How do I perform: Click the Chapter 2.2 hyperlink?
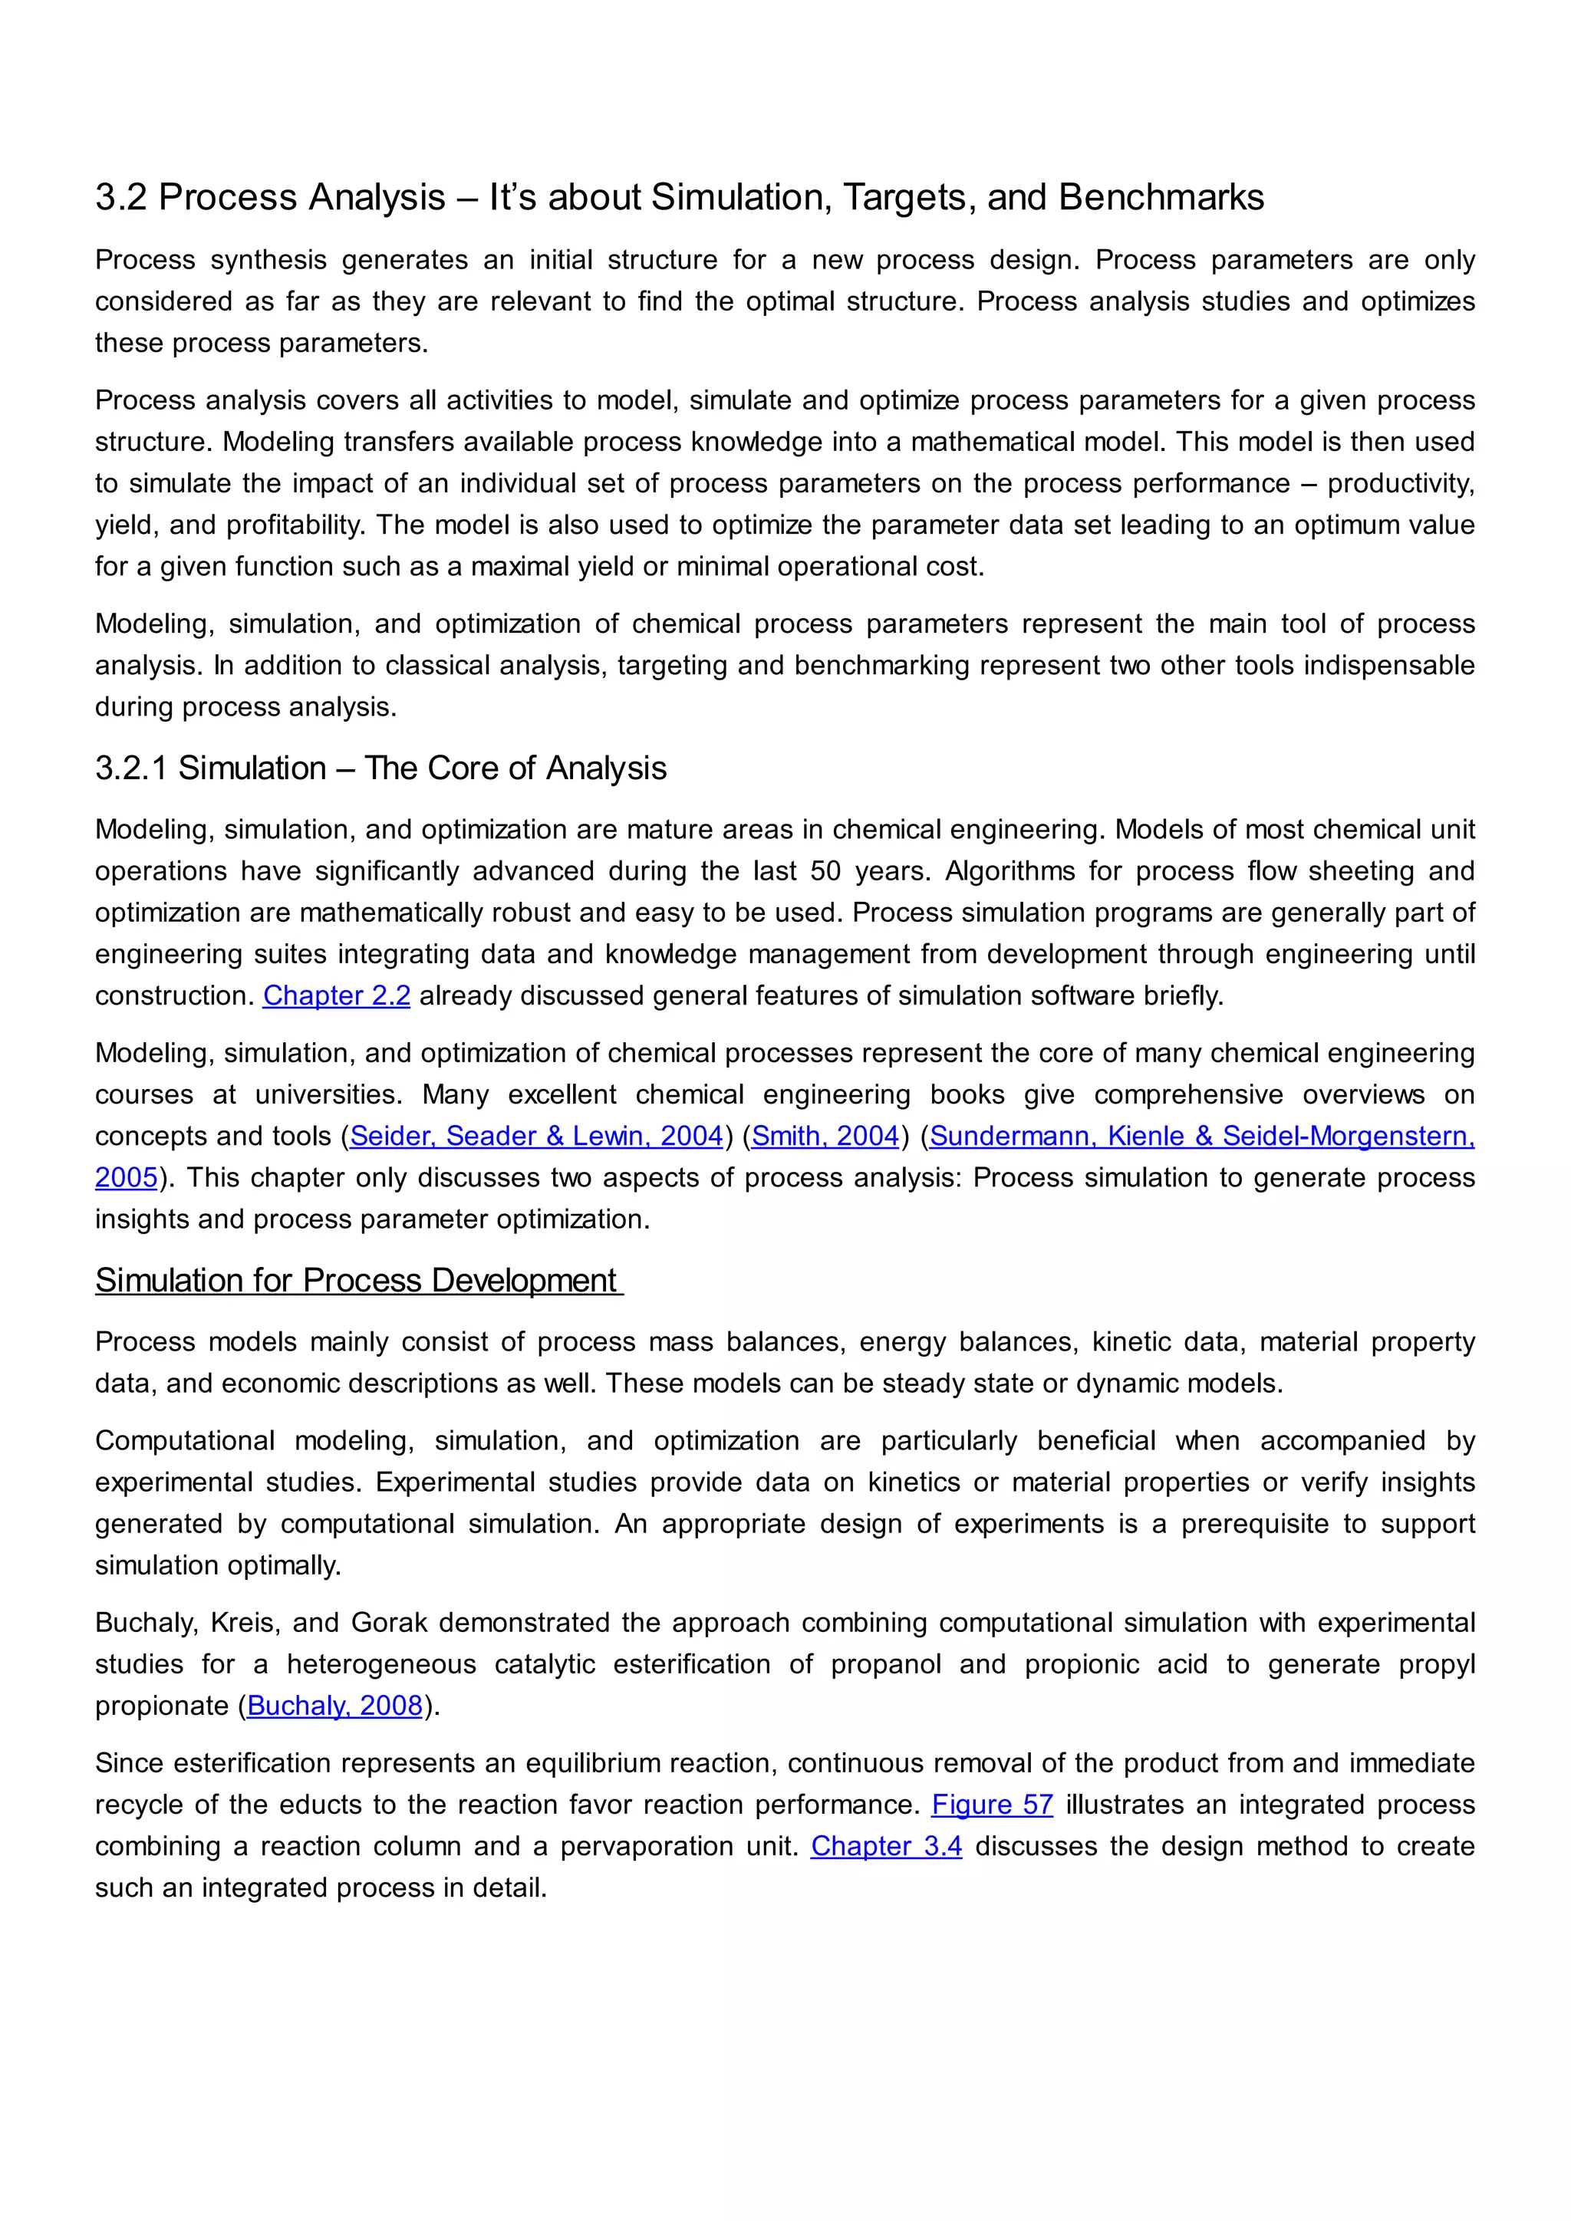click(337, 995)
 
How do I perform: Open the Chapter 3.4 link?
click(886, 1846)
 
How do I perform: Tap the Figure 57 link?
click(992, 1804)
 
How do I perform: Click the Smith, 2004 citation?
click(825, 1136)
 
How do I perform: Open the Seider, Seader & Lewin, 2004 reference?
click(536, 1136)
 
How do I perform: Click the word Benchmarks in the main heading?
click(1161, 197)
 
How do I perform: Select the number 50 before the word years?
click(825, 870)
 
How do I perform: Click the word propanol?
click(885, 1663)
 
